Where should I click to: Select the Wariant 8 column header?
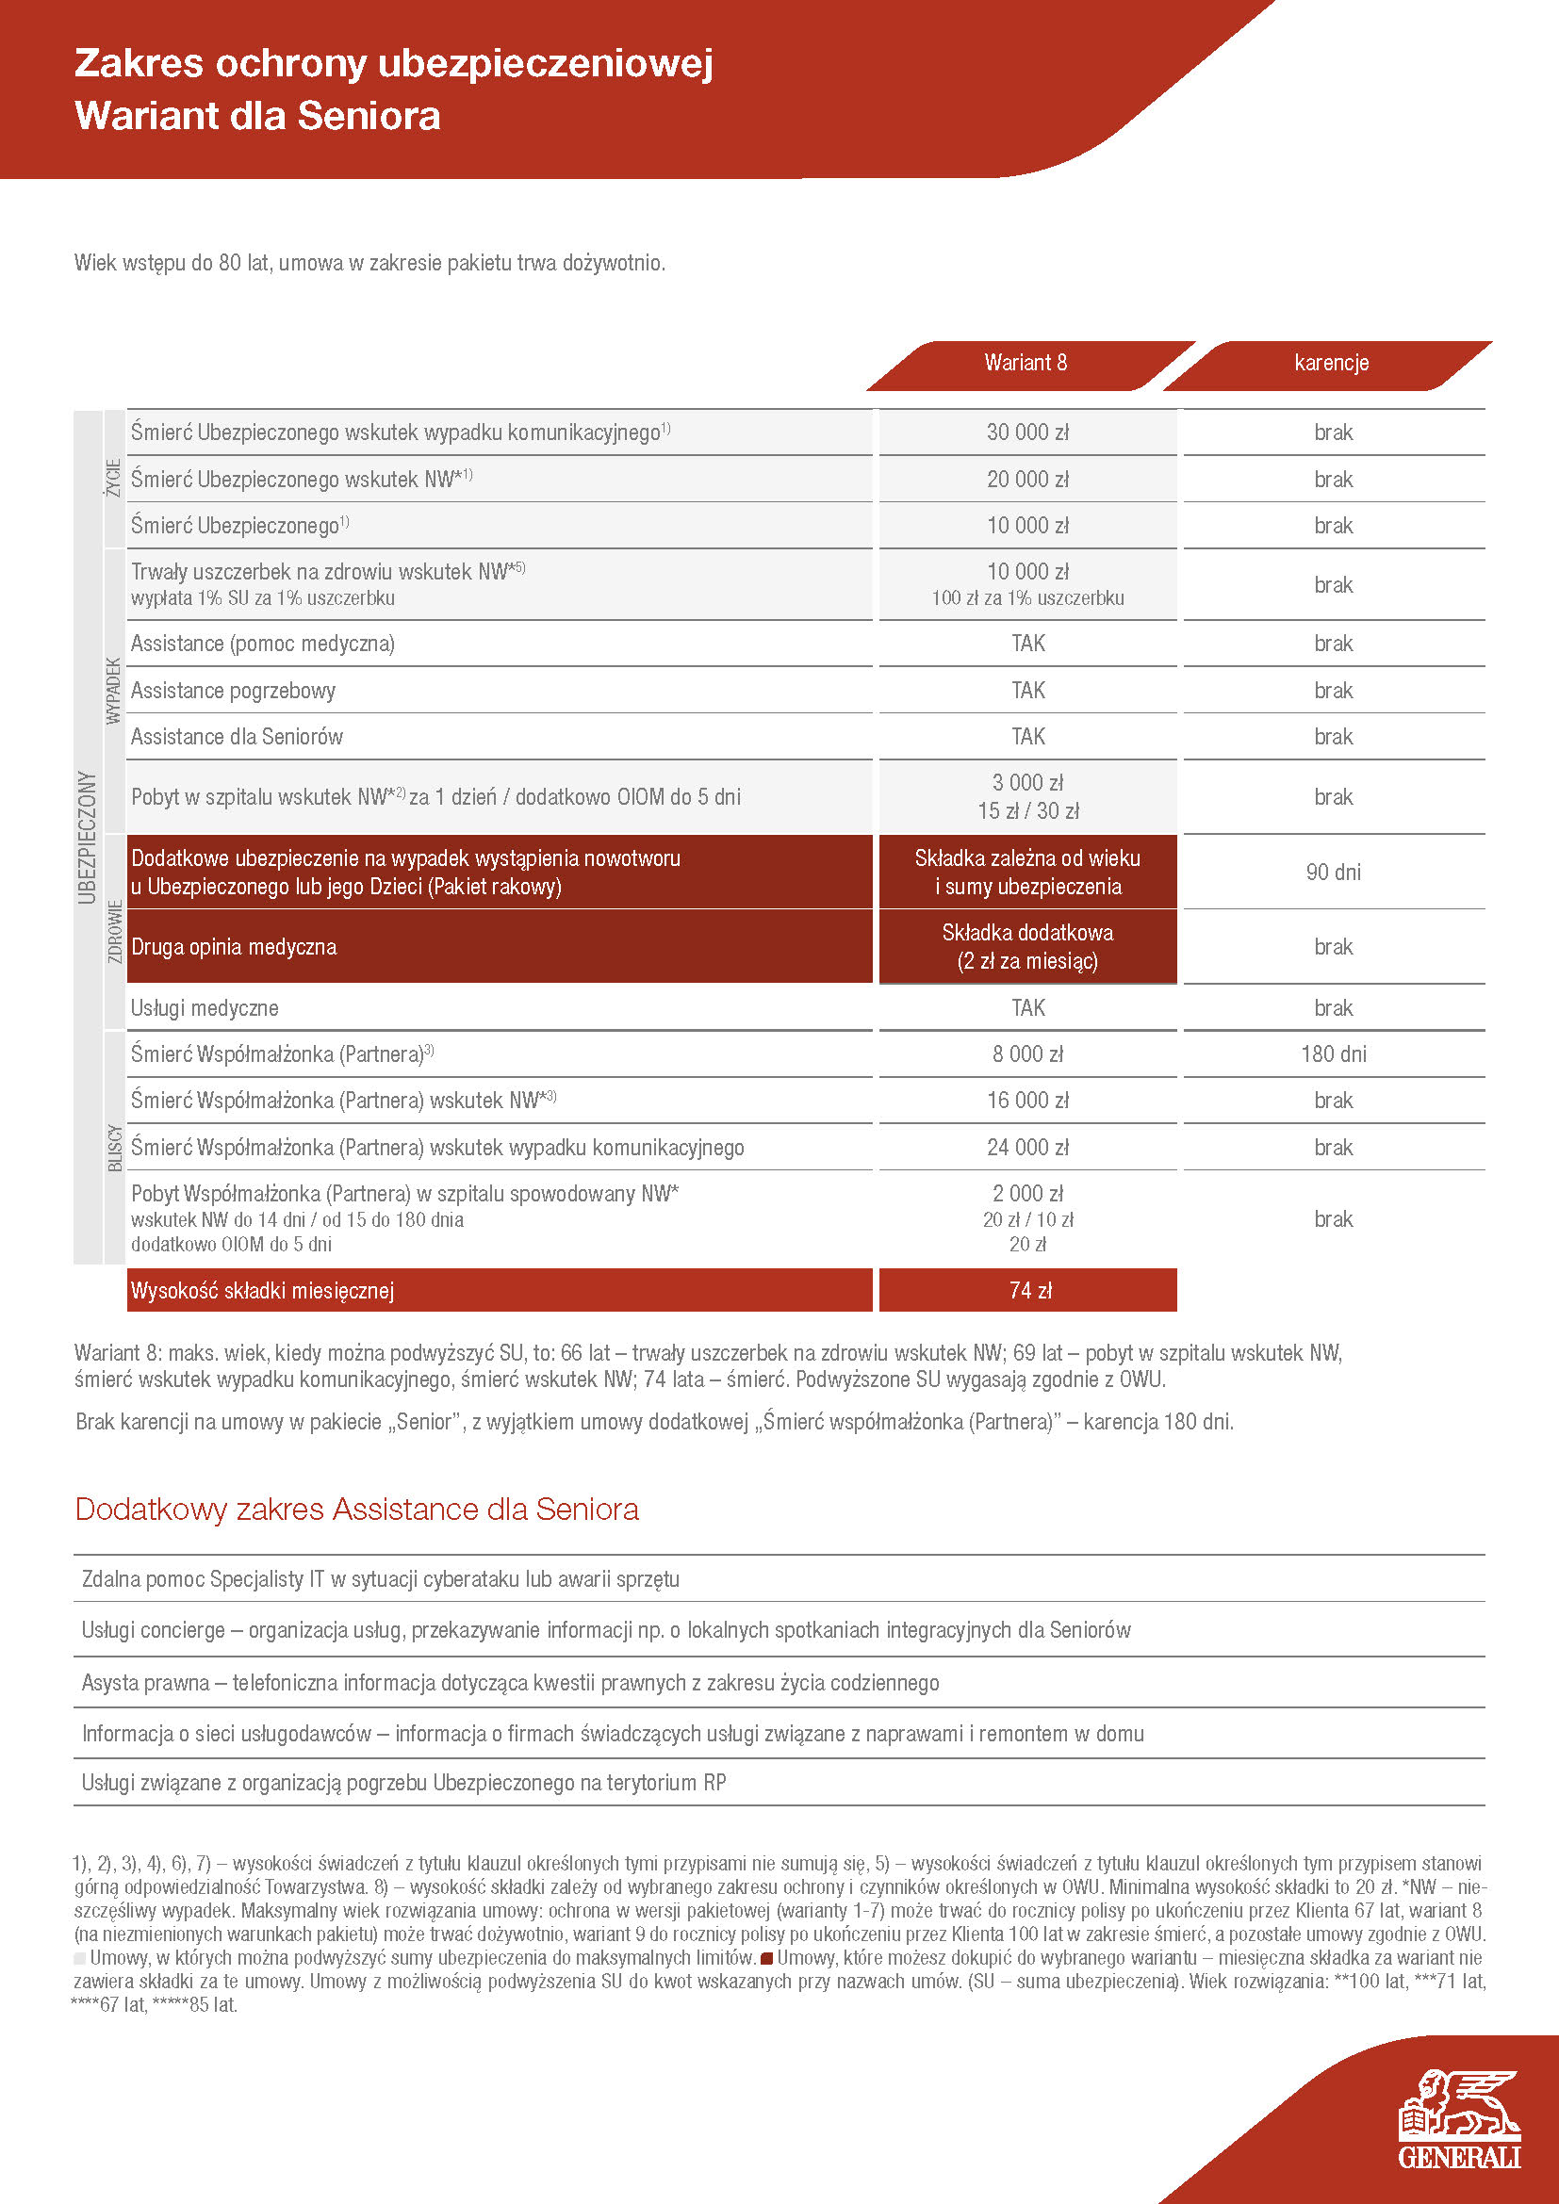click(x=1026, y=363)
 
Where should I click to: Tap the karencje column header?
click(x=1331, y=363)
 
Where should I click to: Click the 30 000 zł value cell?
click(x=1027, y=432)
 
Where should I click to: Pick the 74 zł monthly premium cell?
click(x=1029, y=1290)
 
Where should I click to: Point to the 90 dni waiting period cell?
click(x=1333, y=872)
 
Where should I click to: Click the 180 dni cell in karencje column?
click(x=1333, y=1054)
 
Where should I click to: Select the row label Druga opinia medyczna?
click(x=235, y=946)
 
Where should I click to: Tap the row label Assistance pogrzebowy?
click(x=233, y=690)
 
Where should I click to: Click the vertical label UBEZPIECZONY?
click(x=88, y=837)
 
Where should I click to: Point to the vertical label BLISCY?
click(x=115, y=1147)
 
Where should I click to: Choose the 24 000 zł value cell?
click(x=1027, y=1147)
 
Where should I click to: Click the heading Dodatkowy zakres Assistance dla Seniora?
click(x=356, y=1509)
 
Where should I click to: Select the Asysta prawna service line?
click(x=510, y=1683)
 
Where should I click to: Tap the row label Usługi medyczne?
click(x=205, y=1008)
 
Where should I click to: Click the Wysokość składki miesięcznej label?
click(x=262, y=1290)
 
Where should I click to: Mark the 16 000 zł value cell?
click(x=1027, y=1100)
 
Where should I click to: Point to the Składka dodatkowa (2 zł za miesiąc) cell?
click(x=1027, y=946)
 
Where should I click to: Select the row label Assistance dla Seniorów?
click(x=238, y=736)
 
